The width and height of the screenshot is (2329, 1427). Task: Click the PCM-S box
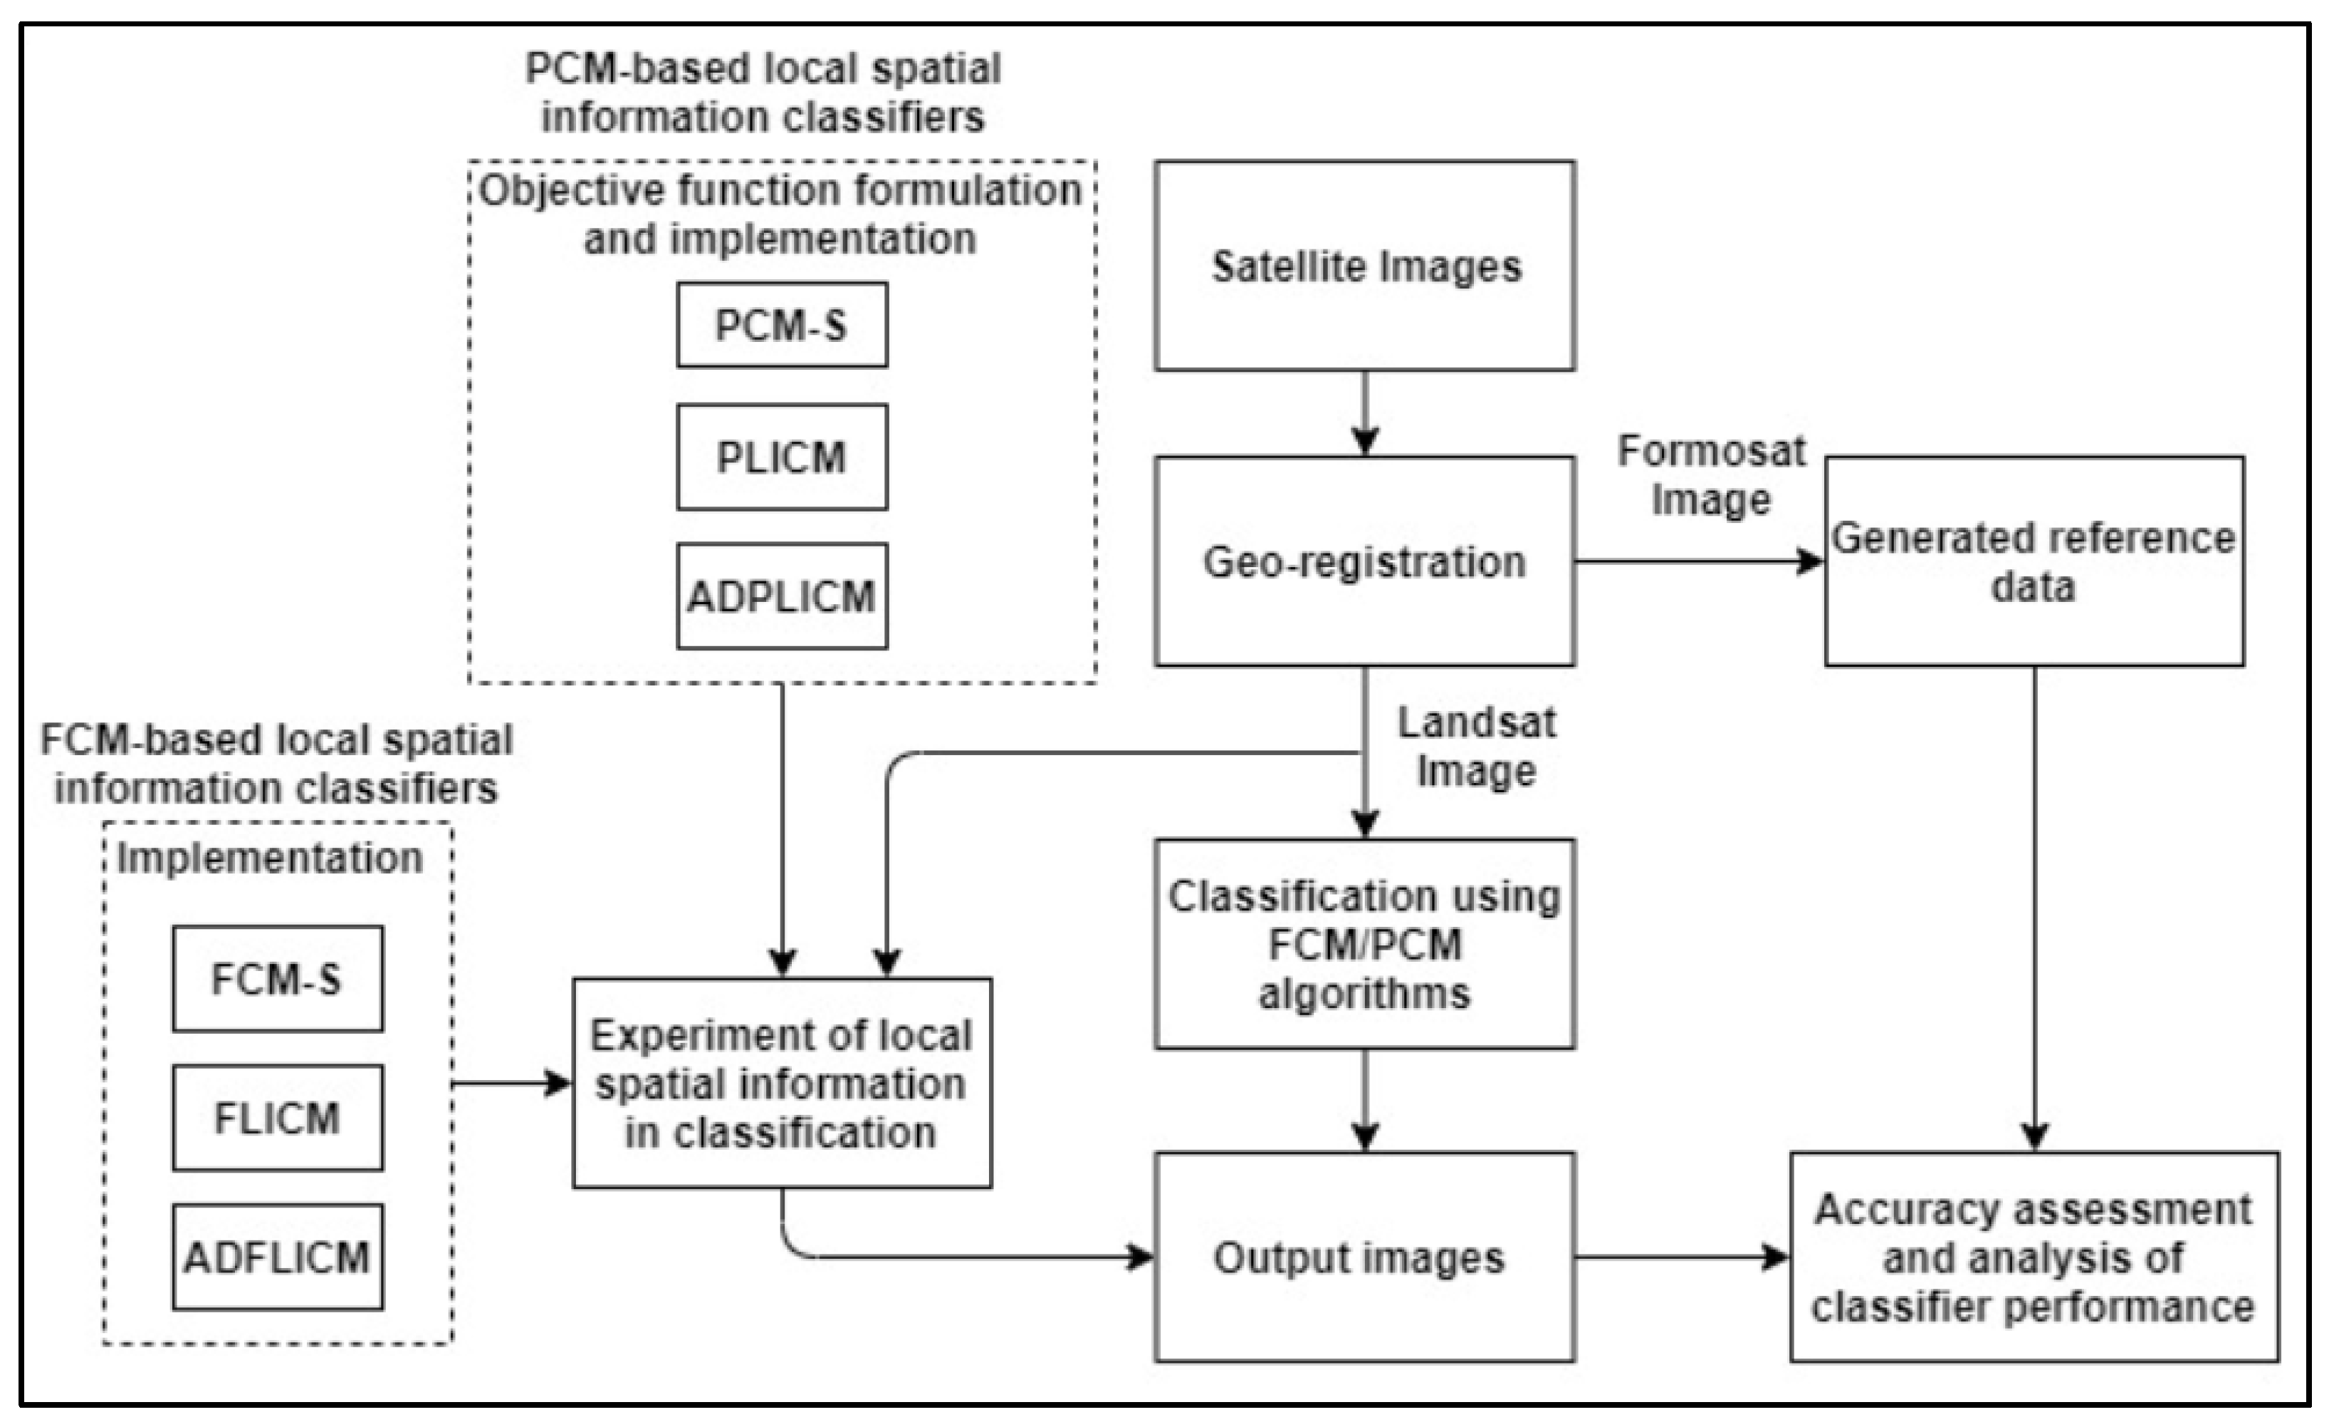click(x=782, y=324)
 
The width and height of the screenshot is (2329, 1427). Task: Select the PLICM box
click(x=782, y=457)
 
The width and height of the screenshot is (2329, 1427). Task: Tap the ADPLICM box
click(x=782, y=596)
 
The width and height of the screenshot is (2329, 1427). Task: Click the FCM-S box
click(x=277, y=979)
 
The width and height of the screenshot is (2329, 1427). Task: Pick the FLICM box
click(x=277, y=1118)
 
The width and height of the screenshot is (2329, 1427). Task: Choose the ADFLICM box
click(x=277, y=1257)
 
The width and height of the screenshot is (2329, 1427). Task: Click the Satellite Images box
click(x=1364, y=266)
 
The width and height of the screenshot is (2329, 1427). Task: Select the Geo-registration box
click(x=1364, y=561)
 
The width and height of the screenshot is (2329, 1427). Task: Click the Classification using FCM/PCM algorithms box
click(x=1364, y=944)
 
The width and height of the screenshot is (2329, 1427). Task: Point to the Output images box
click(x=1364, y=1257)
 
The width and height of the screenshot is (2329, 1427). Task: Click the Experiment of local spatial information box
click(x=782, y=1083)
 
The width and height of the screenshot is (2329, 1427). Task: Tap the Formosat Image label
click(x=1711, y=474)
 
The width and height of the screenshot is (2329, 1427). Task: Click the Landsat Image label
click(x=1477, y=747)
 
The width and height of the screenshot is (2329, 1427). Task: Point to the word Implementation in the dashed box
click(x=269, y=858)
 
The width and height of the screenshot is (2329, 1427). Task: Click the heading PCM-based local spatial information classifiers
click(x=763, y=93)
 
